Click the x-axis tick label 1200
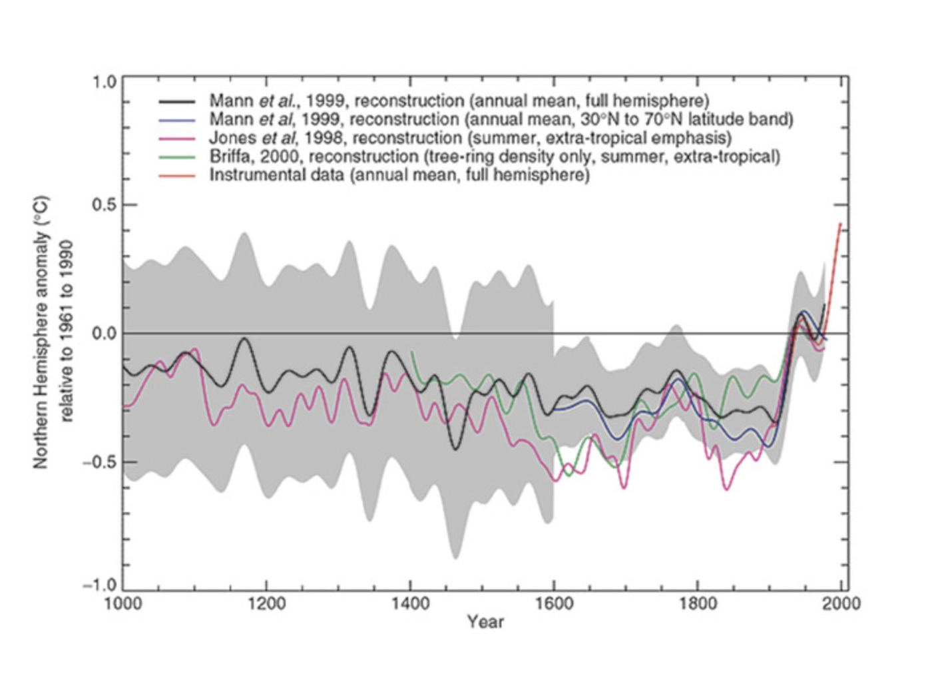[266, 603]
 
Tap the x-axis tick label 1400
[410, 603]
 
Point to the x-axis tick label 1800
[698, 603]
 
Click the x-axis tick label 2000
[841, 603]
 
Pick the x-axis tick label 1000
[123, 603]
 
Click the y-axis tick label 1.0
[104, 82]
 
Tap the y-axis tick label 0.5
[104, 204]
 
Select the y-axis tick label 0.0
[104, 333]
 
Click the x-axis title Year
[485, 622]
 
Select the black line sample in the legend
[177, 101]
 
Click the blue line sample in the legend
[177, 120]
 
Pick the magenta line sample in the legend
[177, 139]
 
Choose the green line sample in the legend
[177, 157]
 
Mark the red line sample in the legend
[177, 175]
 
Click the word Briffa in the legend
[230, 157]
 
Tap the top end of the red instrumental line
[840, 224]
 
